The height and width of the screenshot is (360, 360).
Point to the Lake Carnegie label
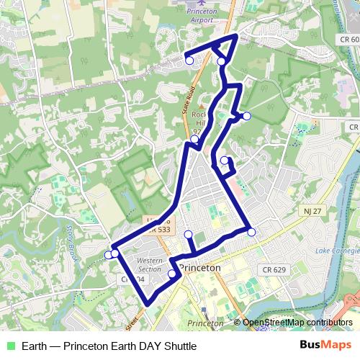(x=336, y=251)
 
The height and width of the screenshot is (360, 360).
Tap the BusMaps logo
(x=325, y=346)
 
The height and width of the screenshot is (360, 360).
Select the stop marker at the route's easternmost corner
(x=251, y=231)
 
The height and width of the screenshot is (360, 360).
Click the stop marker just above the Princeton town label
(x=189, y=234)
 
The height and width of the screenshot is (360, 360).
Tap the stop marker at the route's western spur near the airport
(x=189, y=60)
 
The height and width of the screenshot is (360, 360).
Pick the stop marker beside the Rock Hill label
(x=194, y=138)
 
